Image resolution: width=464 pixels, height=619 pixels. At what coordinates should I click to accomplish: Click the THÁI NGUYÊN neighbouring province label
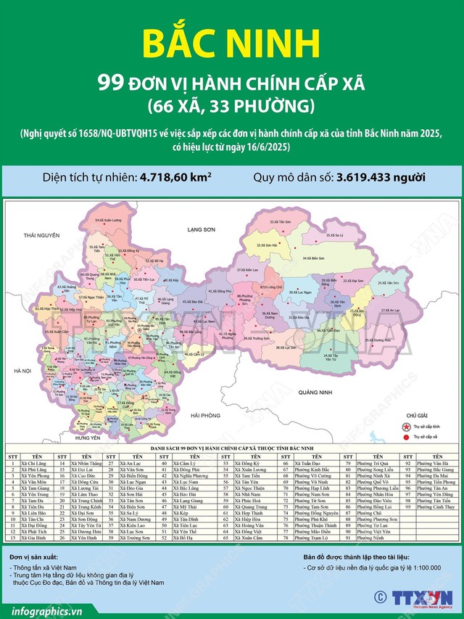click(40, 237)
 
